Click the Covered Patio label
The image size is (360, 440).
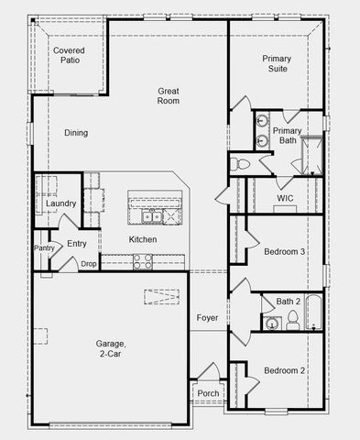69,55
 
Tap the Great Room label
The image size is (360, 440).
168,95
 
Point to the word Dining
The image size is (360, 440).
76,133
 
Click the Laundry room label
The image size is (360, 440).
60,203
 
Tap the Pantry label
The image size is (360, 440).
44,247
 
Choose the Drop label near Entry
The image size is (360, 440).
88,264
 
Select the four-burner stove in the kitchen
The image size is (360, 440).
142,261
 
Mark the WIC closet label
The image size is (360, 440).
284,198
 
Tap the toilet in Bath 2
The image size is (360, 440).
293,320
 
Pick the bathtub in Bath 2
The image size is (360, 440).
313,313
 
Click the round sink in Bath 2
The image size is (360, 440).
271,323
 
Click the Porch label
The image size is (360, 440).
208,394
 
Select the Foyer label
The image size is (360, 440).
207,318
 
